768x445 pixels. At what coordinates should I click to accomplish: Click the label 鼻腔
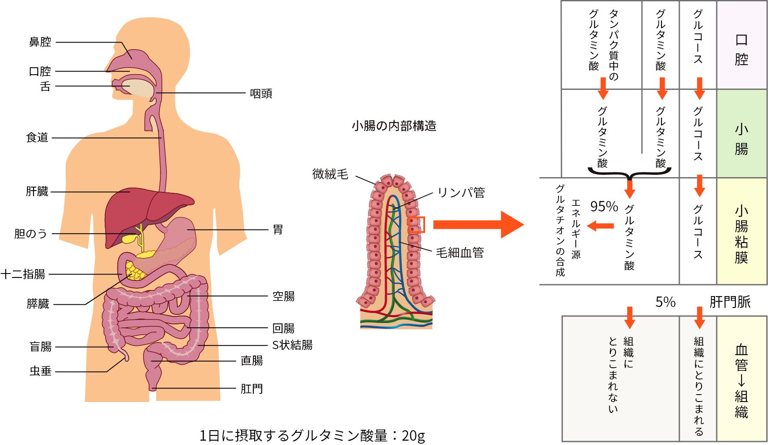[x=40, y=42]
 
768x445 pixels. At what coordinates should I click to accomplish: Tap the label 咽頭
[x=261, y=93]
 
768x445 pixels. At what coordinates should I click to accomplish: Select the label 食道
[x=37, y=138]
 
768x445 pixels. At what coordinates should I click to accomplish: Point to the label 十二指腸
[x=23, y=274]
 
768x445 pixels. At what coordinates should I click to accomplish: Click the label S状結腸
[x=292, y=345]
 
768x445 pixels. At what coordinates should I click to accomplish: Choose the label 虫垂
[x=40, y=371]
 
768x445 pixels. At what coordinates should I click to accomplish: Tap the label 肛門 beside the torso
[x=252, y=389]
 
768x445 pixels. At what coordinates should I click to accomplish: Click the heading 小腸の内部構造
[x=394, y=126]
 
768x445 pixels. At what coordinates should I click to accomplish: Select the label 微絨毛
[x=330, y=174]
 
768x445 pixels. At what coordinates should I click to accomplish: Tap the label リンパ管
[x=461, y=192]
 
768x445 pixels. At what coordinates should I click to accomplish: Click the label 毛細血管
[x=460, y=252]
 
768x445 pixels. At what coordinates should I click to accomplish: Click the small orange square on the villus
[x=416, y=224]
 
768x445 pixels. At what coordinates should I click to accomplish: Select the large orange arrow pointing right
[x=478, y=224]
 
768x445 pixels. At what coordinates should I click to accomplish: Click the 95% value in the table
[x=604, y=207]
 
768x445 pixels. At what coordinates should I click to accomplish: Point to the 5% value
[x=665, y=302]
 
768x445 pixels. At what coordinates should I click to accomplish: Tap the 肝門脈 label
[x=730, y=302]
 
